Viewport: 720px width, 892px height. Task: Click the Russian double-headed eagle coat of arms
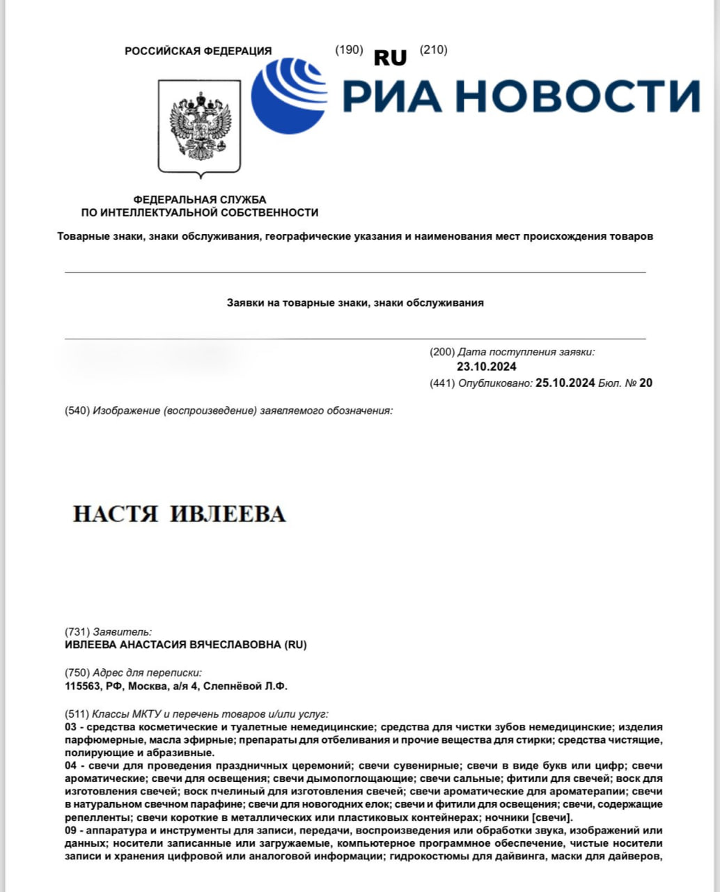(x=200, y=125)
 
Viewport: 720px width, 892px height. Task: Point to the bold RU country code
(x=390, y=58)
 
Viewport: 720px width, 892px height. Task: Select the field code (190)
(x=349, y=49)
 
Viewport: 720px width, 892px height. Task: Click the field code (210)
(x=433, y=49)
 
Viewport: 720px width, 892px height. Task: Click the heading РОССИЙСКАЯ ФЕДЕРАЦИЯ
(x=198, y=51)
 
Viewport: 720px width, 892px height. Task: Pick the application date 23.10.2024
(x=487, y=367)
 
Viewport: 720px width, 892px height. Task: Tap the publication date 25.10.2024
(x=565, y=383)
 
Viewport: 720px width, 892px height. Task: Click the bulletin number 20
(x=645, y=383)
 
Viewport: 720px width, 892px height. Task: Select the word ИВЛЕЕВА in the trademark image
(x=228, y=514)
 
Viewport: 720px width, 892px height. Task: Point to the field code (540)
(x=77, y=410)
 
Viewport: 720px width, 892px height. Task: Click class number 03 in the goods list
(x=70, y=727)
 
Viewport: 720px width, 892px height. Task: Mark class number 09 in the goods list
(x=70, y=831)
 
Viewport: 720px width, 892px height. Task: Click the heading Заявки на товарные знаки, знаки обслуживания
(x=355, y=303)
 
